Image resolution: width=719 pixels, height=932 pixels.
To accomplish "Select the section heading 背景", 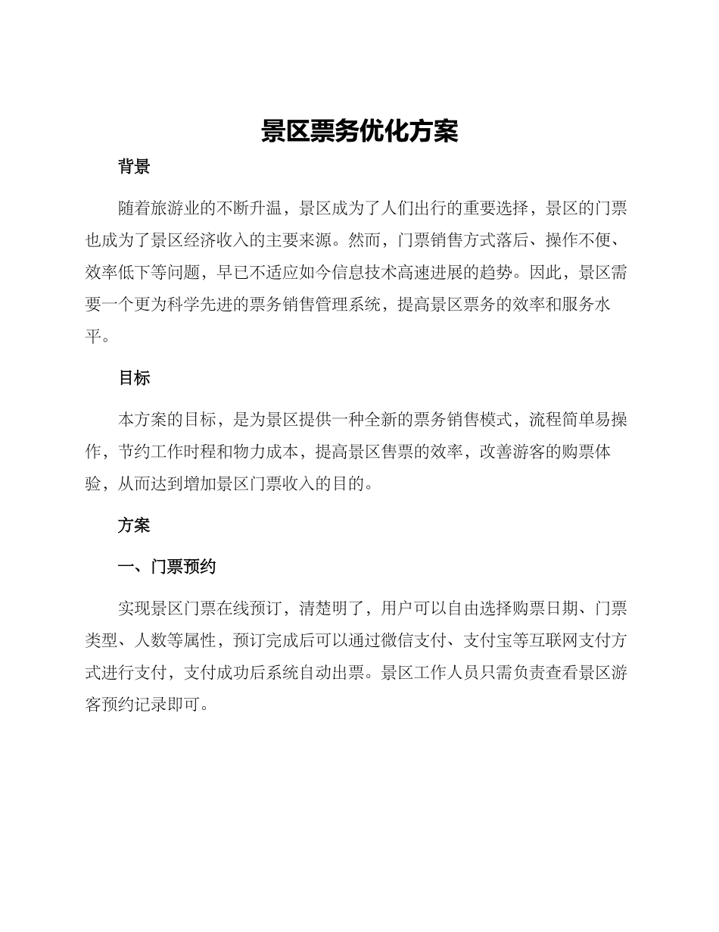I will [134, 167].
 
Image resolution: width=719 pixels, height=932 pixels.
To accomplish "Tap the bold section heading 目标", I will [134, 378].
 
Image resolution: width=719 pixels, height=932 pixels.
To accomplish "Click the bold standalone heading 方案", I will [134, 525].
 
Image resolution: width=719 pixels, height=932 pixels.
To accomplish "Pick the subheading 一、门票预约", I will [167, 567].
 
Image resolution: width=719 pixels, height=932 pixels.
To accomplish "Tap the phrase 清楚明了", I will [332, 608].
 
